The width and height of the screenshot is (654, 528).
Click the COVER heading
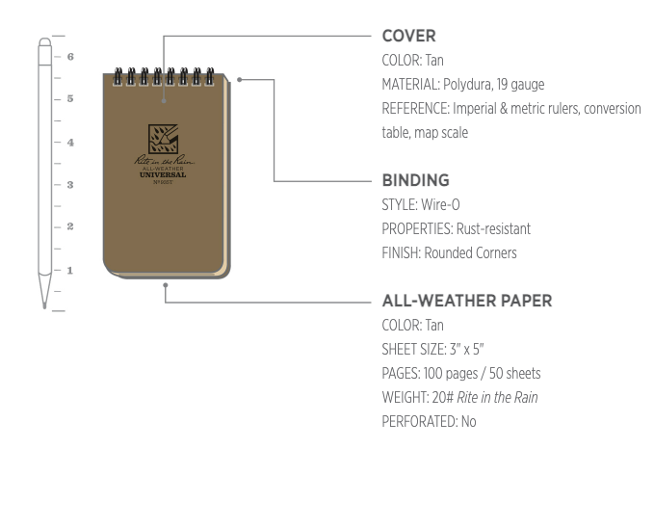coord(408,37)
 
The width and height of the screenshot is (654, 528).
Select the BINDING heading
coord(416,180)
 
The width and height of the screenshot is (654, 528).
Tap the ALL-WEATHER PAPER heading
coord(466,301)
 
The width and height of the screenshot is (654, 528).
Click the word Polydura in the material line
coord(465,85)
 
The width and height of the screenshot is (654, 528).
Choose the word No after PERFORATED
coord(468,422)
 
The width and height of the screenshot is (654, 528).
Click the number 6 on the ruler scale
coord(69,57)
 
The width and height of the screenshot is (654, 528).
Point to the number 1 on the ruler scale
coord(69,270)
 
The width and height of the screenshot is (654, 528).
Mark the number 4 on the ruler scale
coord(69,142)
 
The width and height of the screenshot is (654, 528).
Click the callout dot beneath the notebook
coord(166,285)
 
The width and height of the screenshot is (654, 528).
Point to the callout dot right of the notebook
coord(239,80)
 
